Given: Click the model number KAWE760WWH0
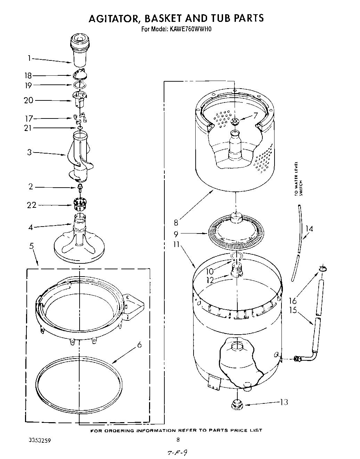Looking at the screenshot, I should (191, 29).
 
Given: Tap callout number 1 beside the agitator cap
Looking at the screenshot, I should (30, 58).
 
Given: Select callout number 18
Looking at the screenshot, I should (28, 75).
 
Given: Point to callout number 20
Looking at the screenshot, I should (28, 100).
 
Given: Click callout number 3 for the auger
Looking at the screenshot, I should (30, 152).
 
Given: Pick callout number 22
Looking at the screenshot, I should (32, 205).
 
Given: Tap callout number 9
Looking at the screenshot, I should (176, 234).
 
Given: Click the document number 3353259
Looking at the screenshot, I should (40, 440).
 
